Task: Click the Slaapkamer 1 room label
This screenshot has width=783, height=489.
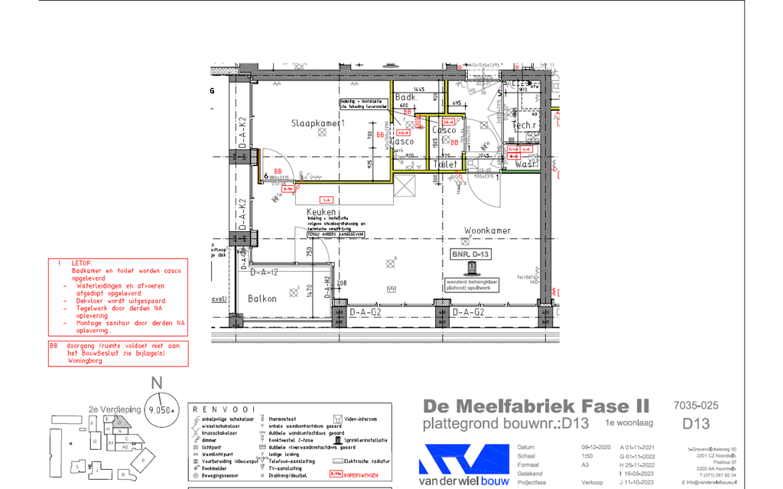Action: click(318, 123)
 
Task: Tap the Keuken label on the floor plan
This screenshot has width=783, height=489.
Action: click(322, 212)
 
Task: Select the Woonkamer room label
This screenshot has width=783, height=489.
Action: click(487, 230)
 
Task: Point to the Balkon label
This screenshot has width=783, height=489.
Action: click(262, 298)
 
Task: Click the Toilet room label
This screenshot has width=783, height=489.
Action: click(445, 165)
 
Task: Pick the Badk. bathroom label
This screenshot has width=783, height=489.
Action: click(406, 97)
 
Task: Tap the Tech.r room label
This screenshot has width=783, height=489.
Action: click(525, 126)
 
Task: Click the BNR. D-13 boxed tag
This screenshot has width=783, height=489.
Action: click(470, 253)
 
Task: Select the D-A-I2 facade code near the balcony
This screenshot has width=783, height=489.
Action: click(262, 272)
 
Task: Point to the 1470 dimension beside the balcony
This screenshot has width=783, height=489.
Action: click(310, 291)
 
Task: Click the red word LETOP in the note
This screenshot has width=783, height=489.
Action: click(82, 263)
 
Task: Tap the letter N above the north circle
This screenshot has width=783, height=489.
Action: click(157, 385)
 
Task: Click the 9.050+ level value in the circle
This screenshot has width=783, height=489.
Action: click(161, 410)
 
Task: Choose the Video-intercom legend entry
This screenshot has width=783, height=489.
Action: click(361, 419)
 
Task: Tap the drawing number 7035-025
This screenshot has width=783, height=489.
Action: click(696, 405)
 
